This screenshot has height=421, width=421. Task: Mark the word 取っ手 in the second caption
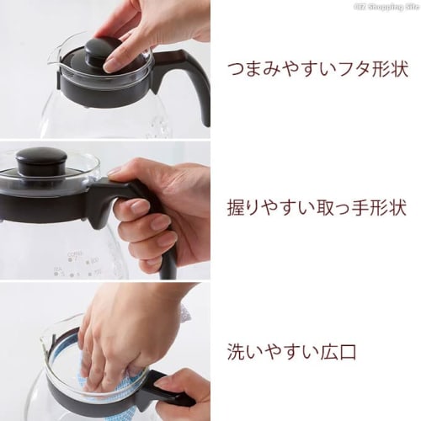click(x=332, y=205)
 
